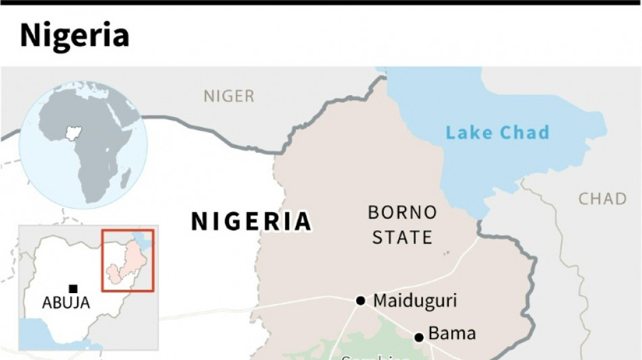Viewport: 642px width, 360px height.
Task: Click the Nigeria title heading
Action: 74,35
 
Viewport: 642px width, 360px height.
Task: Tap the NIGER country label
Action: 229,97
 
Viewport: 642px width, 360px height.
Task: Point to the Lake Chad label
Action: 497,132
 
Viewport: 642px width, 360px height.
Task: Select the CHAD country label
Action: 602,199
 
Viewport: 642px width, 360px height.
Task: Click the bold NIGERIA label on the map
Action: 251,222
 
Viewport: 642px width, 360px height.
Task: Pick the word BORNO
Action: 402,213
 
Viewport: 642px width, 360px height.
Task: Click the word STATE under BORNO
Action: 402,237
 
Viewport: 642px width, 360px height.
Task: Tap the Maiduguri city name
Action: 415,300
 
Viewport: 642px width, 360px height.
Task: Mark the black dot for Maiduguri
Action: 361,301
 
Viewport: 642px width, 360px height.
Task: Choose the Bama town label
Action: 452,334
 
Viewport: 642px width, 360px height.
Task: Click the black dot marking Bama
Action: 419,337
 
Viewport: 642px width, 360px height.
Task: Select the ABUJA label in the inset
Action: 66,303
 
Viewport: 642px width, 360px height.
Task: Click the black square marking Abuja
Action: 73,288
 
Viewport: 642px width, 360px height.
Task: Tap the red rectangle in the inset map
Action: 128,261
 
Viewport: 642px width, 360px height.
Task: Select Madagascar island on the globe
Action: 126,178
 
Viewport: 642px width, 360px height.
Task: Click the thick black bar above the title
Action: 321,3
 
